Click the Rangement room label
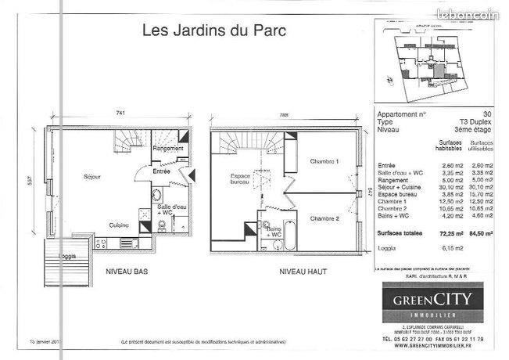pyautogui.click(x=168, y=149)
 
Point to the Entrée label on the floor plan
pyautogui.click(x=161, y=171)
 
